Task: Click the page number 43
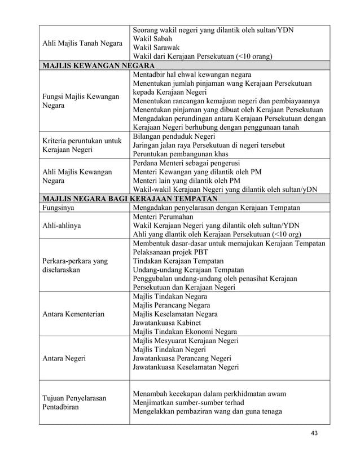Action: (x=314, y=433)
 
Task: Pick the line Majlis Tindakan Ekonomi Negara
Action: (x=185, y=332)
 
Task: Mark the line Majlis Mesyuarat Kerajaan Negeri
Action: (x=186, y=341)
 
